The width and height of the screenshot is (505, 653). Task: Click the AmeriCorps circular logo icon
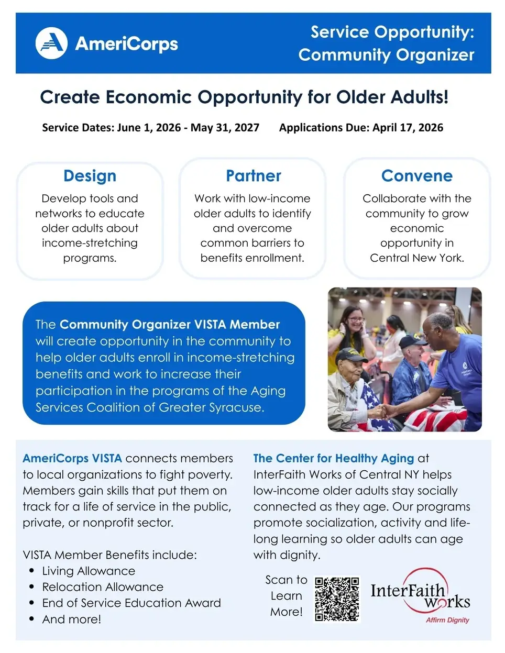tap(51, 43)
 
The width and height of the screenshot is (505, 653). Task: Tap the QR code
tap(337, 599)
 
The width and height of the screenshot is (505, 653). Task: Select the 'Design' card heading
tap(90, 176)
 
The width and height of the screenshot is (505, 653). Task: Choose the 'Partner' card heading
tap(253, 176)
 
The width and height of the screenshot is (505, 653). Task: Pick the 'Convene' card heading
tap(416, 176)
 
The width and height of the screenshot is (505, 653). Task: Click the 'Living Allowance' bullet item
tap(89, 571)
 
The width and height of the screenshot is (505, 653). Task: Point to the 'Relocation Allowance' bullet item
tap(103, 587)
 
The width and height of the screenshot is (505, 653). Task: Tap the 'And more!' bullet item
tap(72, 619)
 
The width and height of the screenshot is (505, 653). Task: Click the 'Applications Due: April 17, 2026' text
tap(361, 128)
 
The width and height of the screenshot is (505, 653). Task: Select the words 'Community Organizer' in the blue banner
tap(386, 55)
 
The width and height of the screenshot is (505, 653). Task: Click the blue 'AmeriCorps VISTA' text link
tap(72, 458)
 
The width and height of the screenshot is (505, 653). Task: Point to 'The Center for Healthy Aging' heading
tap(333, 458)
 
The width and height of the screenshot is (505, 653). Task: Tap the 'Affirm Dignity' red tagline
tap(447, 620)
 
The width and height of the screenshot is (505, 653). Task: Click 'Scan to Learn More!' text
tap(286, 595)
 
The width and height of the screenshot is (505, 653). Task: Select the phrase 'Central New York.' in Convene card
tap(416, 258)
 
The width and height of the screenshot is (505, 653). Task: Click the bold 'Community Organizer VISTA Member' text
tap(170, 325)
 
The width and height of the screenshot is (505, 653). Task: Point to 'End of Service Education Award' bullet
tap(131, 603)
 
